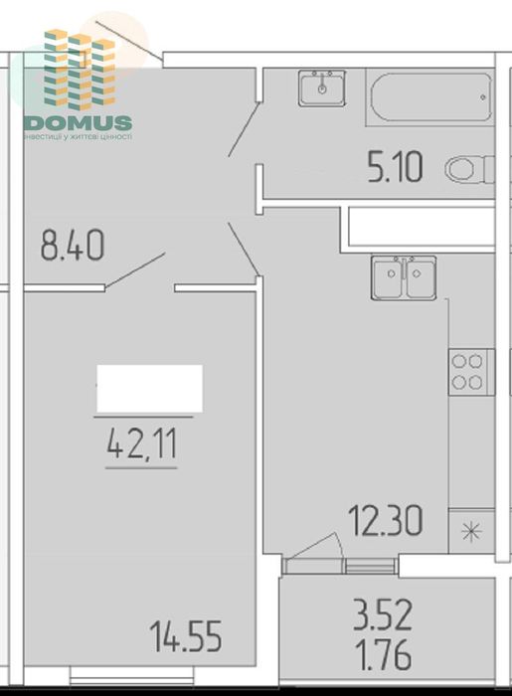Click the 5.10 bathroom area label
pyautogui.click(x=395, y=168)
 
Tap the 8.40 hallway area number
pyautogui.click(x=72, y=245)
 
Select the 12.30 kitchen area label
pyautogui.click(x=385, y=518)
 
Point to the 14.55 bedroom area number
pyautogui.click(x=185, y=633)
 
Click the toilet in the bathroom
pyautogui.click(x=468, y=170)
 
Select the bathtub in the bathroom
pyautogui.click(x=429, y=96)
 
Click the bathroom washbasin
pyautogui.click(x=322, y=88)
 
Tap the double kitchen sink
pyautogui.click(x=404, y=277)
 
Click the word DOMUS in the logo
pyautogui.click(x=78, y=123)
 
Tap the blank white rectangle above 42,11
pyautogui.click(x=149, y=388)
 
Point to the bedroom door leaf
pyautogui.click(x=135, y=269)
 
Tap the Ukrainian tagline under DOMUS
pyautogui.click(x=78, y=137)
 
